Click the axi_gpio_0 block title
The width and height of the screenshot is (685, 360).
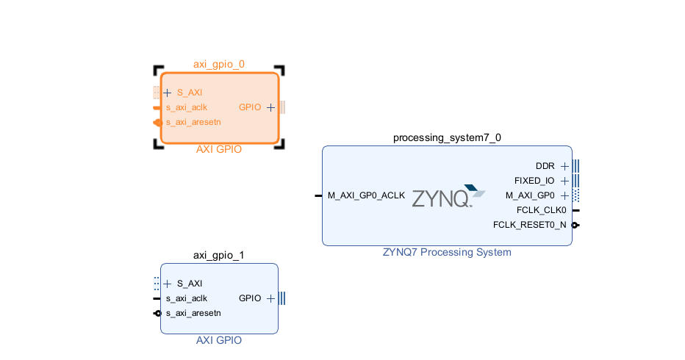click(x=219, y=64)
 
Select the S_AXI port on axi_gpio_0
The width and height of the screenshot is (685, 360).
click(x=189, y=93)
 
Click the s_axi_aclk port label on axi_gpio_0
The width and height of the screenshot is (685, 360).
click(x=186, y=107)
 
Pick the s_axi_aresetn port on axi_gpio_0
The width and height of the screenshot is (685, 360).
click(x=193, y=122)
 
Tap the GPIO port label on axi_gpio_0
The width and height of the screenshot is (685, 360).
click(x=250, y=107)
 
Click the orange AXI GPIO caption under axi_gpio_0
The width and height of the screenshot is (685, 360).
click(x=219, y=149)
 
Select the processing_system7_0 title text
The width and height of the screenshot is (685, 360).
click(x=447, y=137)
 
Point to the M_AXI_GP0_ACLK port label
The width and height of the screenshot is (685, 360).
click(x=366, y=195)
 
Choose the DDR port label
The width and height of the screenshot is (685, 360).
click(x=545, y=166)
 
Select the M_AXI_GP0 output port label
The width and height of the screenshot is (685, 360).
click(x=530, y=195)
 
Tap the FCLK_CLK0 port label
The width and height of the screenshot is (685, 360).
click(x=541, y=210)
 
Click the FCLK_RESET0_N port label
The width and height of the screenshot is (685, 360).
click(x=530, y=225)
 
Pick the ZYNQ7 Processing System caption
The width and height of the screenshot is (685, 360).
click(x=447, y=252)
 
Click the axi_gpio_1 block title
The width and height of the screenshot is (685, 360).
click(x=219, y=255)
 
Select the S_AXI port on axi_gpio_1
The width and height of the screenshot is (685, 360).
click(x=189, y=284)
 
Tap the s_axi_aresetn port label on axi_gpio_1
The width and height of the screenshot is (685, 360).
click(x=193, y=313)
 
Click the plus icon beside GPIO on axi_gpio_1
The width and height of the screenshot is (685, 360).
click(x=270, y=298)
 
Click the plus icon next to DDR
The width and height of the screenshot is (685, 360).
click(x=564, y=166)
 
